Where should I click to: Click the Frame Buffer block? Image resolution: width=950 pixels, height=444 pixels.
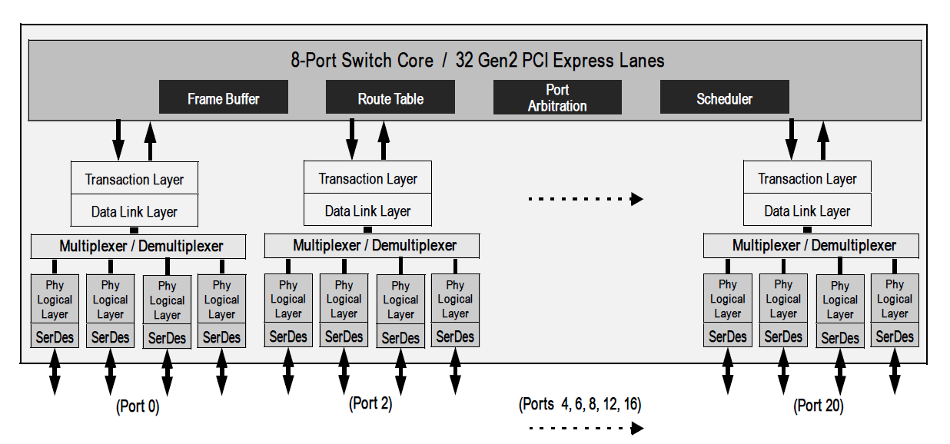(x=223, y=98)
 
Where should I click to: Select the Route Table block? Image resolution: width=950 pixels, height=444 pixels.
(x=390, y=98)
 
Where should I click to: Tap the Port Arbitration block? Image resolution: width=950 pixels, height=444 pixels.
(x=557, y=98)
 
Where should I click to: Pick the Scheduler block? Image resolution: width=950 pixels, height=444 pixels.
(x=724, y=98)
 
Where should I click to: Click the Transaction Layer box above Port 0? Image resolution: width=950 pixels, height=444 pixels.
(x=135, y=178)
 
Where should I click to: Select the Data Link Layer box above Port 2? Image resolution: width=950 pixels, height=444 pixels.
(x=367, y=210)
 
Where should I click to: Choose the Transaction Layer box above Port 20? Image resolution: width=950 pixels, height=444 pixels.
(x=807, y=178)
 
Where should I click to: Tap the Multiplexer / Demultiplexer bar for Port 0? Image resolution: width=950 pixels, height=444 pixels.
(x=139, y=247)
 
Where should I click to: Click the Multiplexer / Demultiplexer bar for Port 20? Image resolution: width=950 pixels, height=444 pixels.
(x=812, y=246)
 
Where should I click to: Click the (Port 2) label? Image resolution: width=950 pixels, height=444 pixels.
(x=370, y=403)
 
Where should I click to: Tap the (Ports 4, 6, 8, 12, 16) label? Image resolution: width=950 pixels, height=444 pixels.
(x=580, y=403)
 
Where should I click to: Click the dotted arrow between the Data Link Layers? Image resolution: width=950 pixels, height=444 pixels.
(x=585, y=199)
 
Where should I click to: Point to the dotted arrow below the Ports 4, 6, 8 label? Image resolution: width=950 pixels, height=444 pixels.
(x=585, y=428)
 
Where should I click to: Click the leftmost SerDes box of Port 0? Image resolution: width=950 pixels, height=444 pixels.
(x=55, y=336)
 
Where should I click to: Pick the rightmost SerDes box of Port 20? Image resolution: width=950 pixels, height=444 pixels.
(x=895, y=336)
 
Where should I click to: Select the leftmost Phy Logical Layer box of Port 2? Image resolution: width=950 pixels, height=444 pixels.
(x=288, y=300)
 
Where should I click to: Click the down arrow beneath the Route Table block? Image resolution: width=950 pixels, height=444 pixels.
(x=352, y=138)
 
